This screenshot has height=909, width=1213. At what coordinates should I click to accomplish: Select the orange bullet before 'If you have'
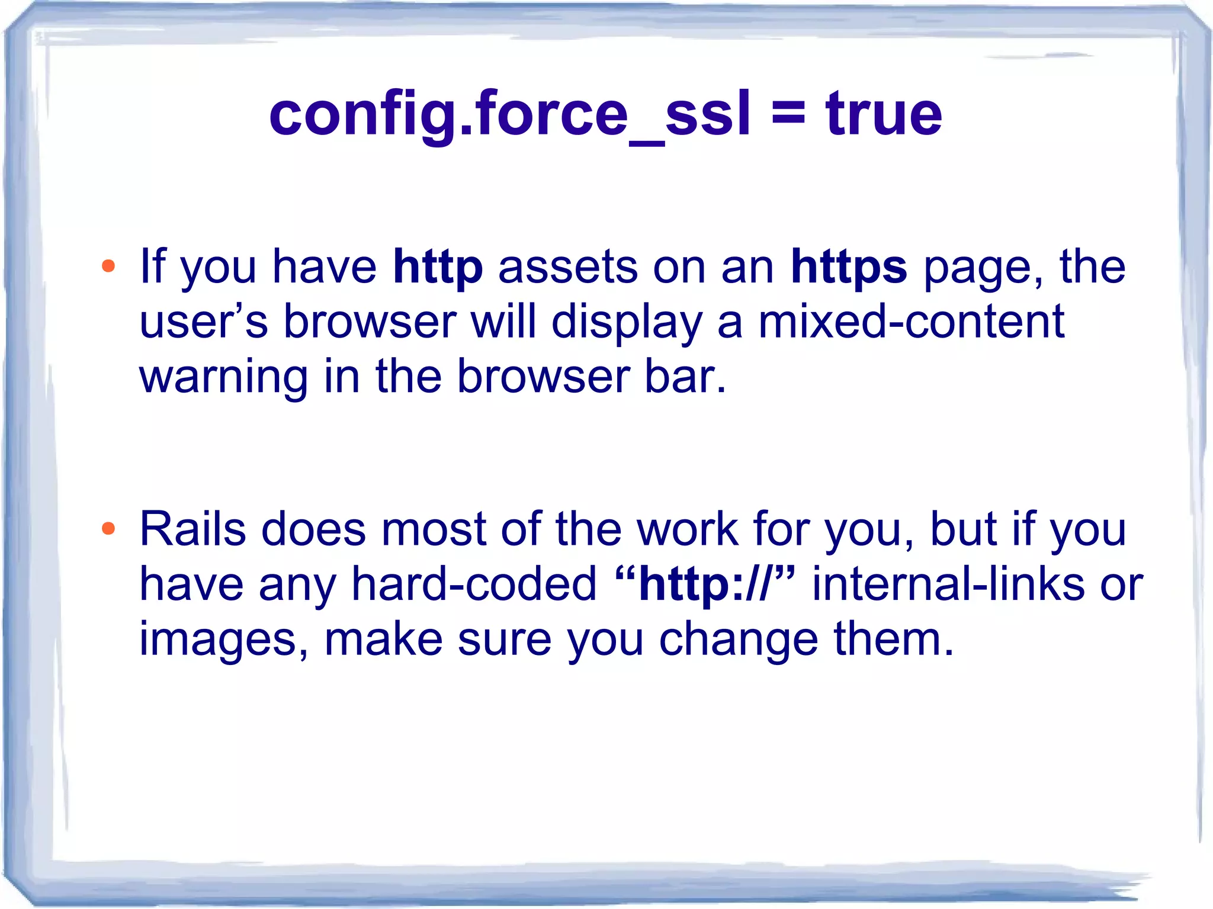click(x=108, y=266)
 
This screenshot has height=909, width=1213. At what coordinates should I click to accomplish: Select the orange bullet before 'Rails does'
click(x=108, y=528)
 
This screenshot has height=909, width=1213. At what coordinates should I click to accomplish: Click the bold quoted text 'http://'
click(x=705, y=585)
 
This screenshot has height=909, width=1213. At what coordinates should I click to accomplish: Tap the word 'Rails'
click(x=192, y=528)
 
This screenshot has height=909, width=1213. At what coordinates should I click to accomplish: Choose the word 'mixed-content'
click(x=911, y=322)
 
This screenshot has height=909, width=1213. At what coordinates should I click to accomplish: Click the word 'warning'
click(x=223, y=377)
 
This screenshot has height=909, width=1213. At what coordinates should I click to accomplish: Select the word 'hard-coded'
click(x=474, y=584)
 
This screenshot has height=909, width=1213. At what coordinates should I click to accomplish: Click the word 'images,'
click(x=223, y=640)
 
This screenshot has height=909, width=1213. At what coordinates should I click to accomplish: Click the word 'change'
click(x=739, y=641)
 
